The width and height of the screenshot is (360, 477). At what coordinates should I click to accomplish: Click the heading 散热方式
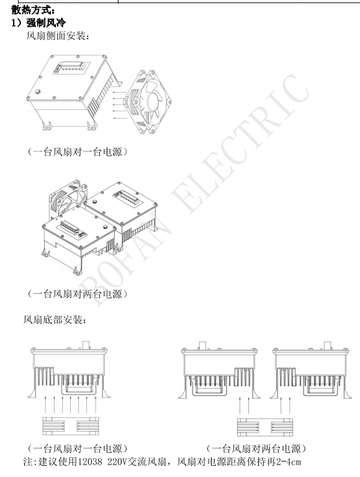(x=33, y=11)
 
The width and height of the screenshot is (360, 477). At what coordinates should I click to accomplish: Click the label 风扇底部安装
(x=55, y=320)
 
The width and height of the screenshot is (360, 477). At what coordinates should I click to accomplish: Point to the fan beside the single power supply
(x=148, y=102)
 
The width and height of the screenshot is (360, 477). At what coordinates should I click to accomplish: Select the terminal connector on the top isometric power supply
(x=71, y=68)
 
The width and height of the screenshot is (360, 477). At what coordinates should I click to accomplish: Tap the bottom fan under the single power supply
(x=71, y=426)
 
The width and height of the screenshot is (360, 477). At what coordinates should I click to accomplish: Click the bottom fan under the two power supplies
(x=265, y=427)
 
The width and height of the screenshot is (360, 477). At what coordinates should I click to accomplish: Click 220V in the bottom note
(x=117, y=462)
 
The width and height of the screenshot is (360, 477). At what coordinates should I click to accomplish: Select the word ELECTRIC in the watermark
(x=240, y=143)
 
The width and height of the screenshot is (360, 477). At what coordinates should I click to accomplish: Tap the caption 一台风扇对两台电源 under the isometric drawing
(x=78, y=294)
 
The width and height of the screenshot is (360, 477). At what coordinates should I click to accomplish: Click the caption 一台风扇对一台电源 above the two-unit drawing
(x=78, y=152)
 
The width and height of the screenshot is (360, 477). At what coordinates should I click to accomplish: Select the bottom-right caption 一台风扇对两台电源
(x=256, y=448)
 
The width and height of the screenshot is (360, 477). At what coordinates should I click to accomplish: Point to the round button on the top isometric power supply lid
(x=38, y=91)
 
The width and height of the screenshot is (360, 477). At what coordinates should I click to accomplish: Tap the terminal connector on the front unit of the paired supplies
(x=71, y=227)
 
